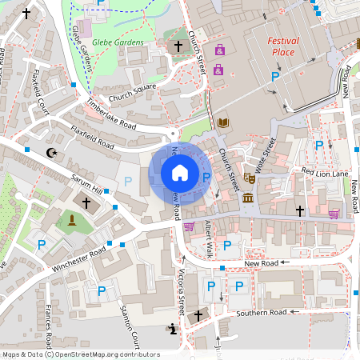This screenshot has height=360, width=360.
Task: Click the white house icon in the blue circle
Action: click(179, 173)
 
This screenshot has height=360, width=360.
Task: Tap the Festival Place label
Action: click(281, 46)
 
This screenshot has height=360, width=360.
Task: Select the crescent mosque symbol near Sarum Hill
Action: click(53, 152)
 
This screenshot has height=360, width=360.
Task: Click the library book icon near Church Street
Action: click(222, 122)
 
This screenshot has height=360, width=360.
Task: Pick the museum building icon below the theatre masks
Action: click(249, 198)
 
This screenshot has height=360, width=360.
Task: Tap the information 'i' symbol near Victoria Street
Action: click(174, 328)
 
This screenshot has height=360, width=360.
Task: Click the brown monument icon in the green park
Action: click(70, 220)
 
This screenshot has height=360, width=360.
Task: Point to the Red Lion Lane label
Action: click(325, 173)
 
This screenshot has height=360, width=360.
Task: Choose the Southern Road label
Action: click(261, 313)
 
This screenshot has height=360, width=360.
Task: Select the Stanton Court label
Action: click(129, 321)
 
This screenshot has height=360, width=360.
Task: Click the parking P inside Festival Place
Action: click(275, 77)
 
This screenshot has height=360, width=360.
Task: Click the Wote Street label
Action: click(267, 153)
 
